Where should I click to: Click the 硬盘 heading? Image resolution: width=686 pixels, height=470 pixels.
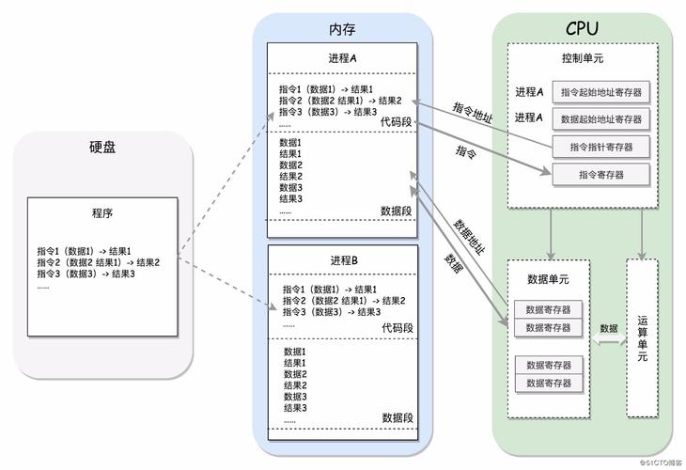[102, 147]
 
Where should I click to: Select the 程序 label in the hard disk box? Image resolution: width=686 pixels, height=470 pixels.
[102, 213]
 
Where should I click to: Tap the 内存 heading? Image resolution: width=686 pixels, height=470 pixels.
[343, 31]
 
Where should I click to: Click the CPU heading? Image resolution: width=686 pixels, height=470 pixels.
[583, 30]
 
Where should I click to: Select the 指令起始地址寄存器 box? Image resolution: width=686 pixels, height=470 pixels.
[601, 92]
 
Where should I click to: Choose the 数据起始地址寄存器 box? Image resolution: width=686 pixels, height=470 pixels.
[601, 119]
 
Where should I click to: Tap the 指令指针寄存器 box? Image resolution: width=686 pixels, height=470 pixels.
[601, 147]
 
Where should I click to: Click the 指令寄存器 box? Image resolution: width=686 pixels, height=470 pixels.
[601, 174]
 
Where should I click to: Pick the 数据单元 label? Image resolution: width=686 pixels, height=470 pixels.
[548, 279]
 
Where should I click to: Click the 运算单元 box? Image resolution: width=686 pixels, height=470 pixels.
[642, 337]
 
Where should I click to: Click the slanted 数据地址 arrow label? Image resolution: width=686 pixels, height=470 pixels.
[469, 238]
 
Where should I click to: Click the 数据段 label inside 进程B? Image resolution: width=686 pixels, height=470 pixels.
[398, 417]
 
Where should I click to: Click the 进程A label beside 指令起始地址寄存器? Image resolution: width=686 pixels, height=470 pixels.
[529, 92]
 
